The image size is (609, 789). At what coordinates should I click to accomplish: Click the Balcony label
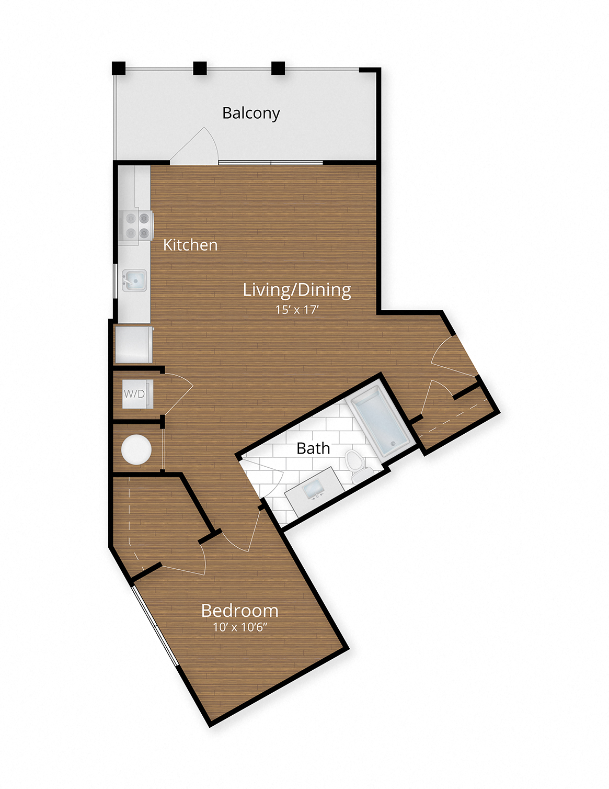coord(251,113)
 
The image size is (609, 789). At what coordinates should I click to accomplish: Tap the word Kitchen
coord(190,245)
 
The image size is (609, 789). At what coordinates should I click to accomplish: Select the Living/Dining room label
coord(297,289)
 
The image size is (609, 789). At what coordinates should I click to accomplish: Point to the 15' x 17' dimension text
coord(297,310)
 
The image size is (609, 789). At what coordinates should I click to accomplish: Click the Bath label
coord(313,448)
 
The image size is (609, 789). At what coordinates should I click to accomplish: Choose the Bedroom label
coord(239,611)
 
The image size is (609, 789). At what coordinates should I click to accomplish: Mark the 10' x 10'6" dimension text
coord(240,627)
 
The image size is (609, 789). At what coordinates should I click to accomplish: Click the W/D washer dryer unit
coord(135,394)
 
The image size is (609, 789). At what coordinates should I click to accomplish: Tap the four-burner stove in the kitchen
coord(136,226)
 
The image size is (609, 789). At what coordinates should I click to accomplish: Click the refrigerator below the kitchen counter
coord(134,344)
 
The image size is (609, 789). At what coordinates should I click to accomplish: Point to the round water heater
coord(136,449)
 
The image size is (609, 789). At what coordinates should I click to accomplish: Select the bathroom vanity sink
coord(314,491)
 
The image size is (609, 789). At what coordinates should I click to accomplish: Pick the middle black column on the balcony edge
coord(200,68)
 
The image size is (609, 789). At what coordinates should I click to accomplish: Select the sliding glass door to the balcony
coord(270,163)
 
